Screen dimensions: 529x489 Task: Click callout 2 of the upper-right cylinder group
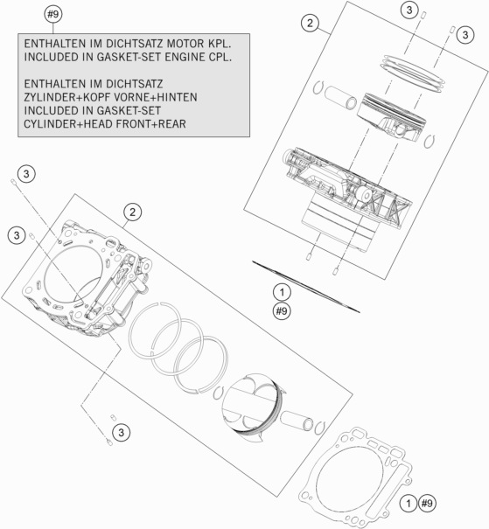(x=308, y=23)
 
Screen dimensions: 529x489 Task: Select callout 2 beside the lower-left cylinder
(x=132, y=212)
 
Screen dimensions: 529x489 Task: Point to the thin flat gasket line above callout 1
(x=305, y=285)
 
